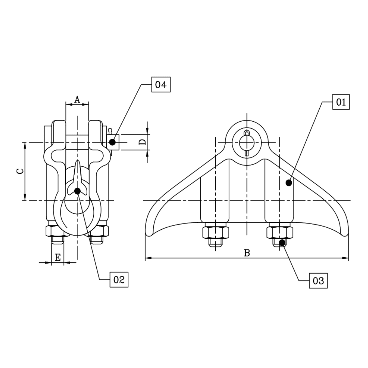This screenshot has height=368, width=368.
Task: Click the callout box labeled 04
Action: (161, 85)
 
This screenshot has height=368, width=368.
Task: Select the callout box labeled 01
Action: (341, 102)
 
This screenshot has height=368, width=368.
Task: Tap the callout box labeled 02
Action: (119, 280)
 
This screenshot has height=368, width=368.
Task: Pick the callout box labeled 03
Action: (318, 281)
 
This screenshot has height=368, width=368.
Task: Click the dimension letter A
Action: (77, 99)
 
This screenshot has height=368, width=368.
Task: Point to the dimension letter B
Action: (247, 253)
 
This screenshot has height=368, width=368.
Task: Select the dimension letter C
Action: (21, 171)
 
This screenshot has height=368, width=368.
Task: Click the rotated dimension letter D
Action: (142, 142)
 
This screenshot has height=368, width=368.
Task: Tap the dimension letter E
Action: (58, 258)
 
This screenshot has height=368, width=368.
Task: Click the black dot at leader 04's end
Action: (112, 142)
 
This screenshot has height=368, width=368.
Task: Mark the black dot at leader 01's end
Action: (289, 183)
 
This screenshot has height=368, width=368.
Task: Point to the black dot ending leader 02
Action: (77, 191)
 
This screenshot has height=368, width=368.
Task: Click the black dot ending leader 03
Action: (282, 242)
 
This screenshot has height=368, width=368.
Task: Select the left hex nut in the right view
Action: (215, 232)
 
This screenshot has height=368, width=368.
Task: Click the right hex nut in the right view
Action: (279, 232)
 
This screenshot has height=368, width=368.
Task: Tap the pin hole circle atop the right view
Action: (246, 142)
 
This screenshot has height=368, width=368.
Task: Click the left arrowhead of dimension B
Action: (148, 258)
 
